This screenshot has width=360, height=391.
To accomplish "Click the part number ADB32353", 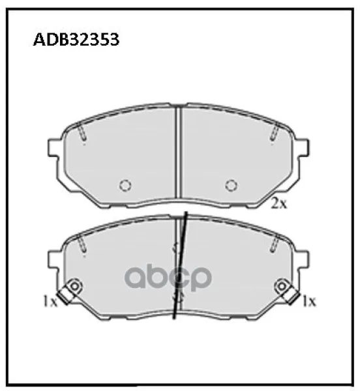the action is click(76, 39).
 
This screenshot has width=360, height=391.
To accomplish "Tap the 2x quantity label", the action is click(279, 204).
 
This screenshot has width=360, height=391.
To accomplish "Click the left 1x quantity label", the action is click(50, 300).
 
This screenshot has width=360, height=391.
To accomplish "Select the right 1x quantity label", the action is click(309, 301).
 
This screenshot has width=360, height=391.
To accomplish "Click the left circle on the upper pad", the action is click(125, 185).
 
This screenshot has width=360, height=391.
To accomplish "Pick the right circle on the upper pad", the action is click(232, 185).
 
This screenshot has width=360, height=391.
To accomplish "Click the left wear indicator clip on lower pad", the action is click(70, 291).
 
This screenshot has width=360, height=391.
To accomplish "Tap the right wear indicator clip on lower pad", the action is click(287, 291).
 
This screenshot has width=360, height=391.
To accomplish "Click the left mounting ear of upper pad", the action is click(54, 148).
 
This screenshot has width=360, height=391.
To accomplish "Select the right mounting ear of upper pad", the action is click(303, 148).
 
